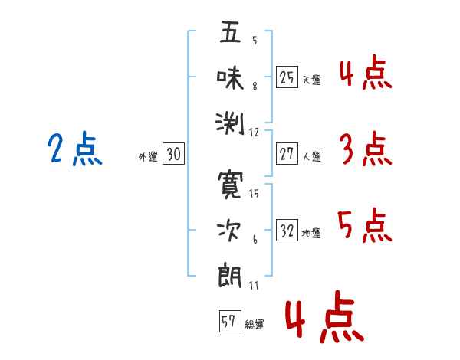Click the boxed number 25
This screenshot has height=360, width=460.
pyautogui.click(x=287, y=77)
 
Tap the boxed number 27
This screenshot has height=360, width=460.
pyautogui.click(x=287, y=154)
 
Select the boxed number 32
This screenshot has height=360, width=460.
pyautogui.click(x=287, y=231)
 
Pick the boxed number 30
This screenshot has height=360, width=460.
pyautogui.click(x=173, y=154)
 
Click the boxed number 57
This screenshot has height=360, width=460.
pyautogui.click(x=229, y=322)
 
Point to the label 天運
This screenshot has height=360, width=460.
pyautogui.click(x=311, y=80)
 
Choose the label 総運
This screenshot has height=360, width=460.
pyautogui.click(x=255, y=325)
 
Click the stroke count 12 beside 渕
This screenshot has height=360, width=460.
pyautogui.click(x=255, y=133)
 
